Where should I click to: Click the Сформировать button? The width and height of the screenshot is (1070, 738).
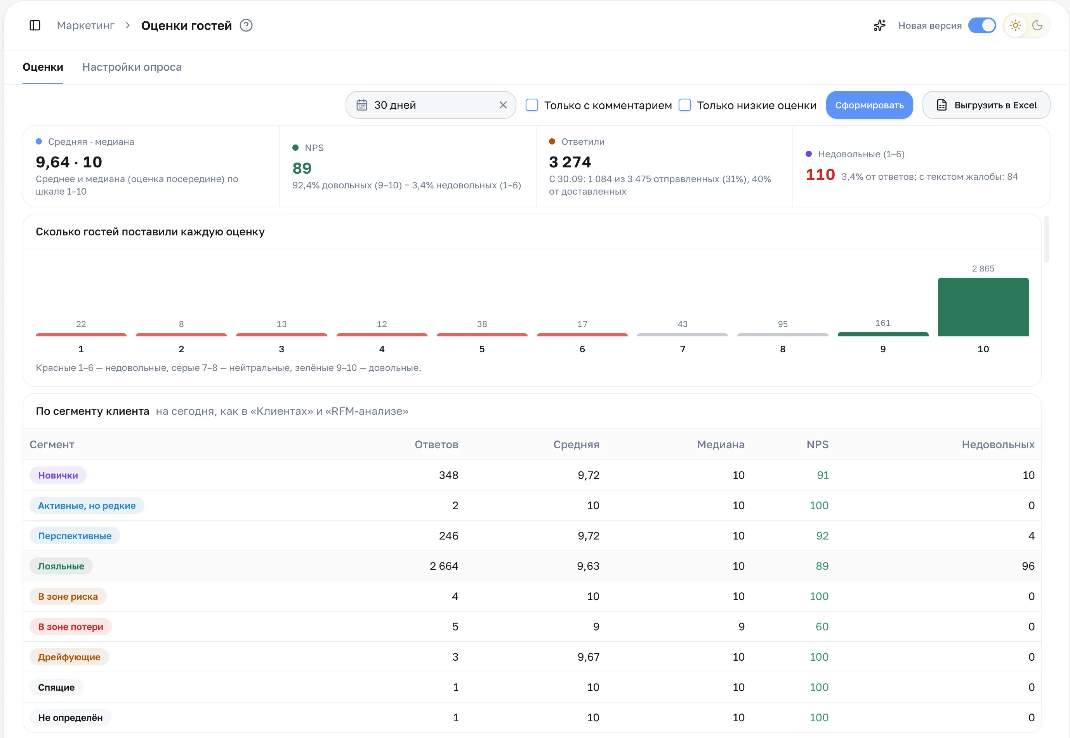coord(869,105)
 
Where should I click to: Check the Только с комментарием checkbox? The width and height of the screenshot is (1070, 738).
coord(532,105)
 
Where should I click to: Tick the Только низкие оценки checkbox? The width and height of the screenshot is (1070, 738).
coord(684,105)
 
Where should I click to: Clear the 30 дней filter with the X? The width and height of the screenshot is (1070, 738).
coord(503,105)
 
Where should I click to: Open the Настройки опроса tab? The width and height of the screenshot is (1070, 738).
coord(132,67)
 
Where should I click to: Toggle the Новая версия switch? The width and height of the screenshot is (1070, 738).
coord(982,25)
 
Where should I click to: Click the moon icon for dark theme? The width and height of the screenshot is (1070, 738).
coord(1037,25)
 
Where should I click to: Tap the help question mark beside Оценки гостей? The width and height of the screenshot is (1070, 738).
coord(246,25)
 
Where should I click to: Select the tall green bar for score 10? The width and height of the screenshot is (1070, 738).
coord(983,306)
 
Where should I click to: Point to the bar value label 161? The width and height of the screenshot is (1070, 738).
coord(882,323)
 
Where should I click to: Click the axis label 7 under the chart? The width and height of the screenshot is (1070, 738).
coord(682,349)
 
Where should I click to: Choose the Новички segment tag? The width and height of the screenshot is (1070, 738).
coord(58,475)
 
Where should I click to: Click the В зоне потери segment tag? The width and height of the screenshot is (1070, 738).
coord(70,627)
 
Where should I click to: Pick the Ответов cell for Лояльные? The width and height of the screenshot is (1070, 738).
coord(444,566)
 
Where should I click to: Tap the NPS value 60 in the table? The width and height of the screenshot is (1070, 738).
coord(822,627)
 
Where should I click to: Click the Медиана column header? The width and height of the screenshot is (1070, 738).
coord(721,444)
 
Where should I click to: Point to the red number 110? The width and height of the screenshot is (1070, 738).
coord(820,175)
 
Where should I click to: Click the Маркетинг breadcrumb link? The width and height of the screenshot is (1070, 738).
coord(85,25)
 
